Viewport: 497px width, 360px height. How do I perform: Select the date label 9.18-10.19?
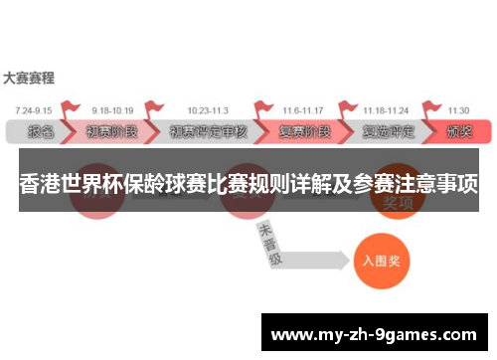click(x=113, y=109)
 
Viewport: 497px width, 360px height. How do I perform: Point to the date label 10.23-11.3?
click(x=207, y=109)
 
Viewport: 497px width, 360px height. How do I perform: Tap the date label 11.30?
click(x=459, y=109)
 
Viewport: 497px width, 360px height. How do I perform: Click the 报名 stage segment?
click(x=40, y=131)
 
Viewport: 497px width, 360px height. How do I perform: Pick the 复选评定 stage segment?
click(x=387, y=131)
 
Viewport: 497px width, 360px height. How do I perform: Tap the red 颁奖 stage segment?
click(x=460, y=131)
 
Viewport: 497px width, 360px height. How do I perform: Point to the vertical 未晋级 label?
click(x=268, y=245)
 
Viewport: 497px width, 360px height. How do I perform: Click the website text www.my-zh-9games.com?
click(x=377, y=332)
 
